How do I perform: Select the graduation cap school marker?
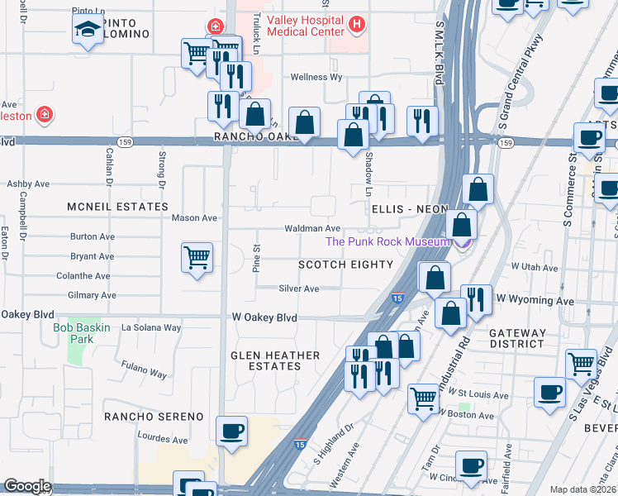pyautogui.click(x=87, y=31)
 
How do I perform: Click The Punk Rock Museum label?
pyautogui.click(x=388, y=241)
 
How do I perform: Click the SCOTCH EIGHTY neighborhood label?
pyautogui.click(x=345, y=265)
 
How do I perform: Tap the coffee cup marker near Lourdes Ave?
pyautogui.click(x=231, y=431)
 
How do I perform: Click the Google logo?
pyautogui.click(x=26, y=487)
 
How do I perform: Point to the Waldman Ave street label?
pyautogui.click(x=312, y=228)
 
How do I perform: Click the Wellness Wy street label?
pyautogui.click(x=316, y=77)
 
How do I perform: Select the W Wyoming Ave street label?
pyautogui.click(x=533, y=302)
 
